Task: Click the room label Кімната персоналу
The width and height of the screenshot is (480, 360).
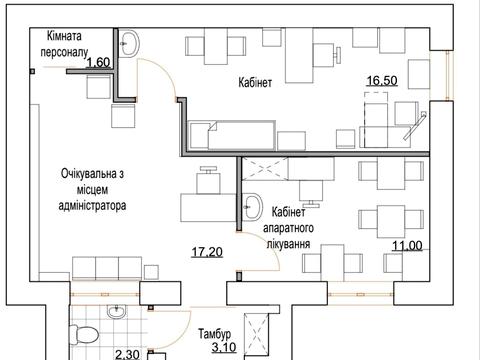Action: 64,44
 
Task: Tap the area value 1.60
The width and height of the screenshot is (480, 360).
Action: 98,62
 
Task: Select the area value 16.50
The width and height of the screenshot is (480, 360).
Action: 382,81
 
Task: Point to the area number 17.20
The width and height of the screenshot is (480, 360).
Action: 207,252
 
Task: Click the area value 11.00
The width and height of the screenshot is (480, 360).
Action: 407,246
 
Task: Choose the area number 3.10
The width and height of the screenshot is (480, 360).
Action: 224,347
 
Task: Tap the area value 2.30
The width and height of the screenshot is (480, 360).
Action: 127,354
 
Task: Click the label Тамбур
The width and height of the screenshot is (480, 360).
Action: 215,333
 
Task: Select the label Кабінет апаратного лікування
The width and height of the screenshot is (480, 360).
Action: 289,228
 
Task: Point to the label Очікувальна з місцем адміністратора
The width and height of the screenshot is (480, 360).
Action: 92,189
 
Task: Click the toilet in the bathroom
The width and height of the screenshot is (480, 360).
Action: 84,334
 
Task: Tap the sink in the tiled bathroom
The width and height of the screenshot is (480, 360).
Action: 116,312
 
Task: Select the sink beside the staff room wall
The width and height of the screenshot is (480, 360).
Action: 129,43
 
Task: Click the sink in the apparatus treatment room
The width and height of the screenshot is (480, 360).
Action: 252,207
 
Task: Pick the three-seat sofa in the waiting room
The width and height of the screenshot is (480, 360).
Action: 107,268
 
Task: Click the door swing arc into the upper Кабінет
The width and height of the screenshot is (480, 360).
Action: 166,71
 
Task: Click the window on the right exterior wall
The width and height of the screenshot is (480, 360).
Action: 448,75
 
